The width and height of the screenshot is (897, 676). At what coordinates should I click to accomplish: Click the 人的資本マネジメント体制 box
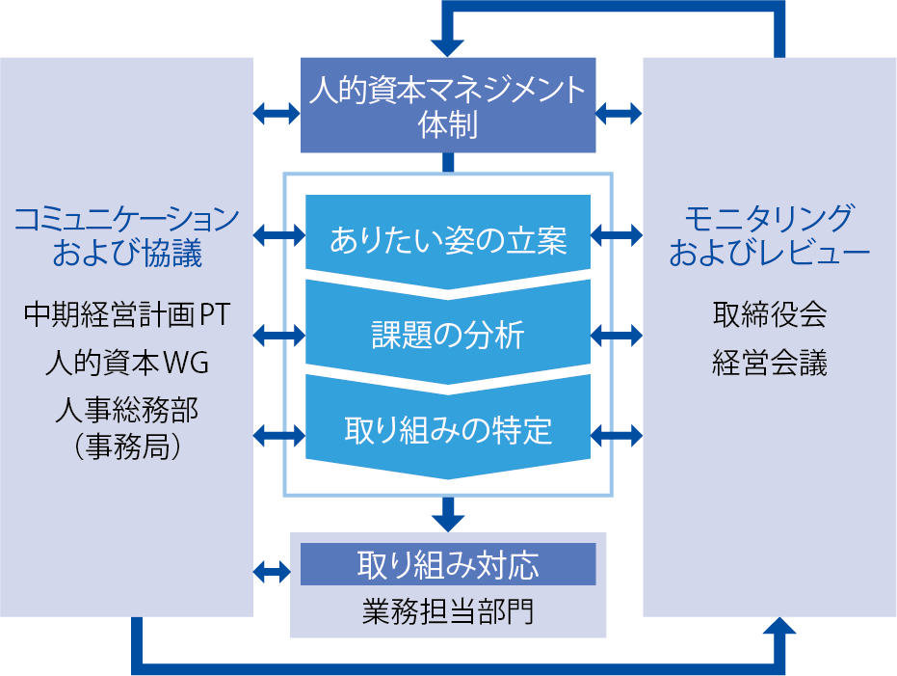tap(448, 105)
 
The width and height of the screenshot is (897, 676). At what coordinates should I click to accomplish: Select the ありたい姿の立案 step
tap(448, 236)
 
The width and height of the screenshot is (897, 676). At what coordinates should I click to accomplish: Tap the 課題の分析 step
tap(448, 334)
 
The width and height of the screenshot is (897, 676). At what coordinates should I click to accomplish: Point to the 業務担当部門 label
tap(448, 611)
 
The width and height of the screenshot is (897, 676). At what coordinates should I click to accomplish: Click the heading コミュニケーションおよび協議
tap(127, 236)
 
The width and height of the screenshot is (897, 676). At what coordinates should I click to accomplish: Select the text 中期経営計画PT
tap(127, 314)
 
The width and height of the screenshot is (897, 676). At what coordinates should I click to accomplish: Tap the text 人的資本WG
tap(127, 365)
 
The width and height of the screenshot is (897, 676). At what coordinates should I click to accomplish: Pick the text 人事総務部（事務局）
tap(127, 429)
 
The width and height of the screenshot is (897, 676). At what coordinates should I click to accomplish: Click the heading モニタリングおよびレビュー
tap(769, 236)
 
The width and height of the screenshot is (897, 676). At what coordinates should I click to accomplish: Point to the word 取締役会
tap(769, 314)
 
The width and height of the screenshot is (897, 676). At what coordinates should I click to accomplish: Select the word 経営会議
tap(769, 365)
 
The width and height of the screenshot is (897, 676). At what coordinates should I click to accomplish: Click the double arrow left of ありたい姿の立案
tap(279, 233)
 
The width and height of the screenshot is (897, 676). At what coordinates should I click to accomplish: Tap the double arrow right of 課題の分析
tap(617, 335)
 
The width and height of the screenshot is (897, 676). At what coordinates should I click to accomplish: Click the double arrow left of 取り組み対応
tap(272, 571)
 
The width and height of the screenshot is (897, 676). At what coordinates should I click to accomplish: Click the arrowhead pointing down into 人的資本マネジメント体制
tap(448, 45)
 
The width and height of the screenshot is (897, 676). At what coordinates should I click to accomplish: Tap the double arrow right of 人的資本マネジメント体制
tap(619, 114)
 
